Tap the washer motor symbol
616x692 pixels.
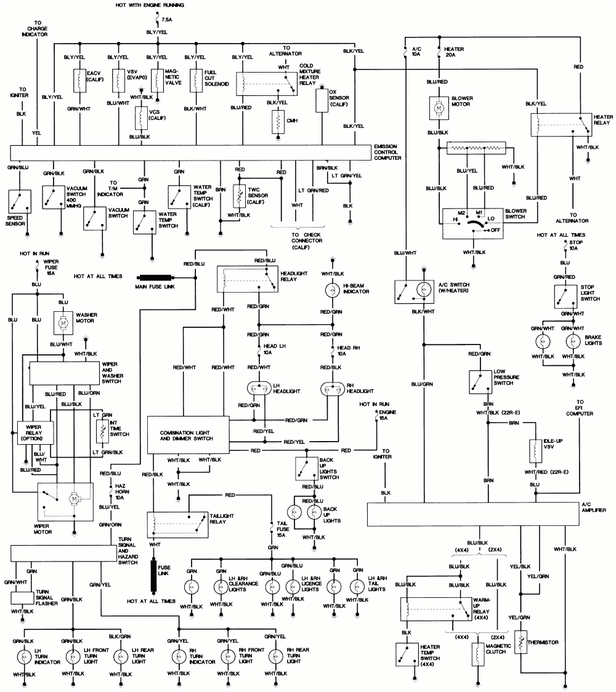[63, 324]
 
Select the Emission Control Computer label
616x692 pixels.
[387, 153]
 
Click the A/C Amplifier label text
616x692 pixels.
[593, 507]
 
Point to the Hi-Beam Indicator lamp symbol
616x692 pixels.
[332, 290]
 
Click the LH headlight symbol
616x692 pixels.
[259, 389]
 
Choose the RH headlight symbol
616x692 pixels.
[332, 389]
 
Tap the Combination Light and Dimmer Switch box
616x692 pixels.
[188, 435]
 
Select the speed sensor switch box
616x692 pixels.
[20, 202]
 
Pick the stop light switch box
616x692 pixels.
[565, 296]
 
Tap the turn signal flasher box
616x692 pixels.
[23, 598]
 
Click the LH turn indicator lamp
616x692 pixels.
[24, 657]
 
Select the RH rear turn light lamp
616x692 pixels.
[275, 657]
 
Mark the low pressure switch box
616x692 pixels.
[480, 382]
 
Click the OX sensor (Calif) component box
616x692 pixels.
[322, 101]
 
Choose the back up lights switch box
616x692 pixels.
[307, 469]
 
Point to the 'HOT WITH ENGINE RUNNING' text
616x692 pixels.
[150, 6]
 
